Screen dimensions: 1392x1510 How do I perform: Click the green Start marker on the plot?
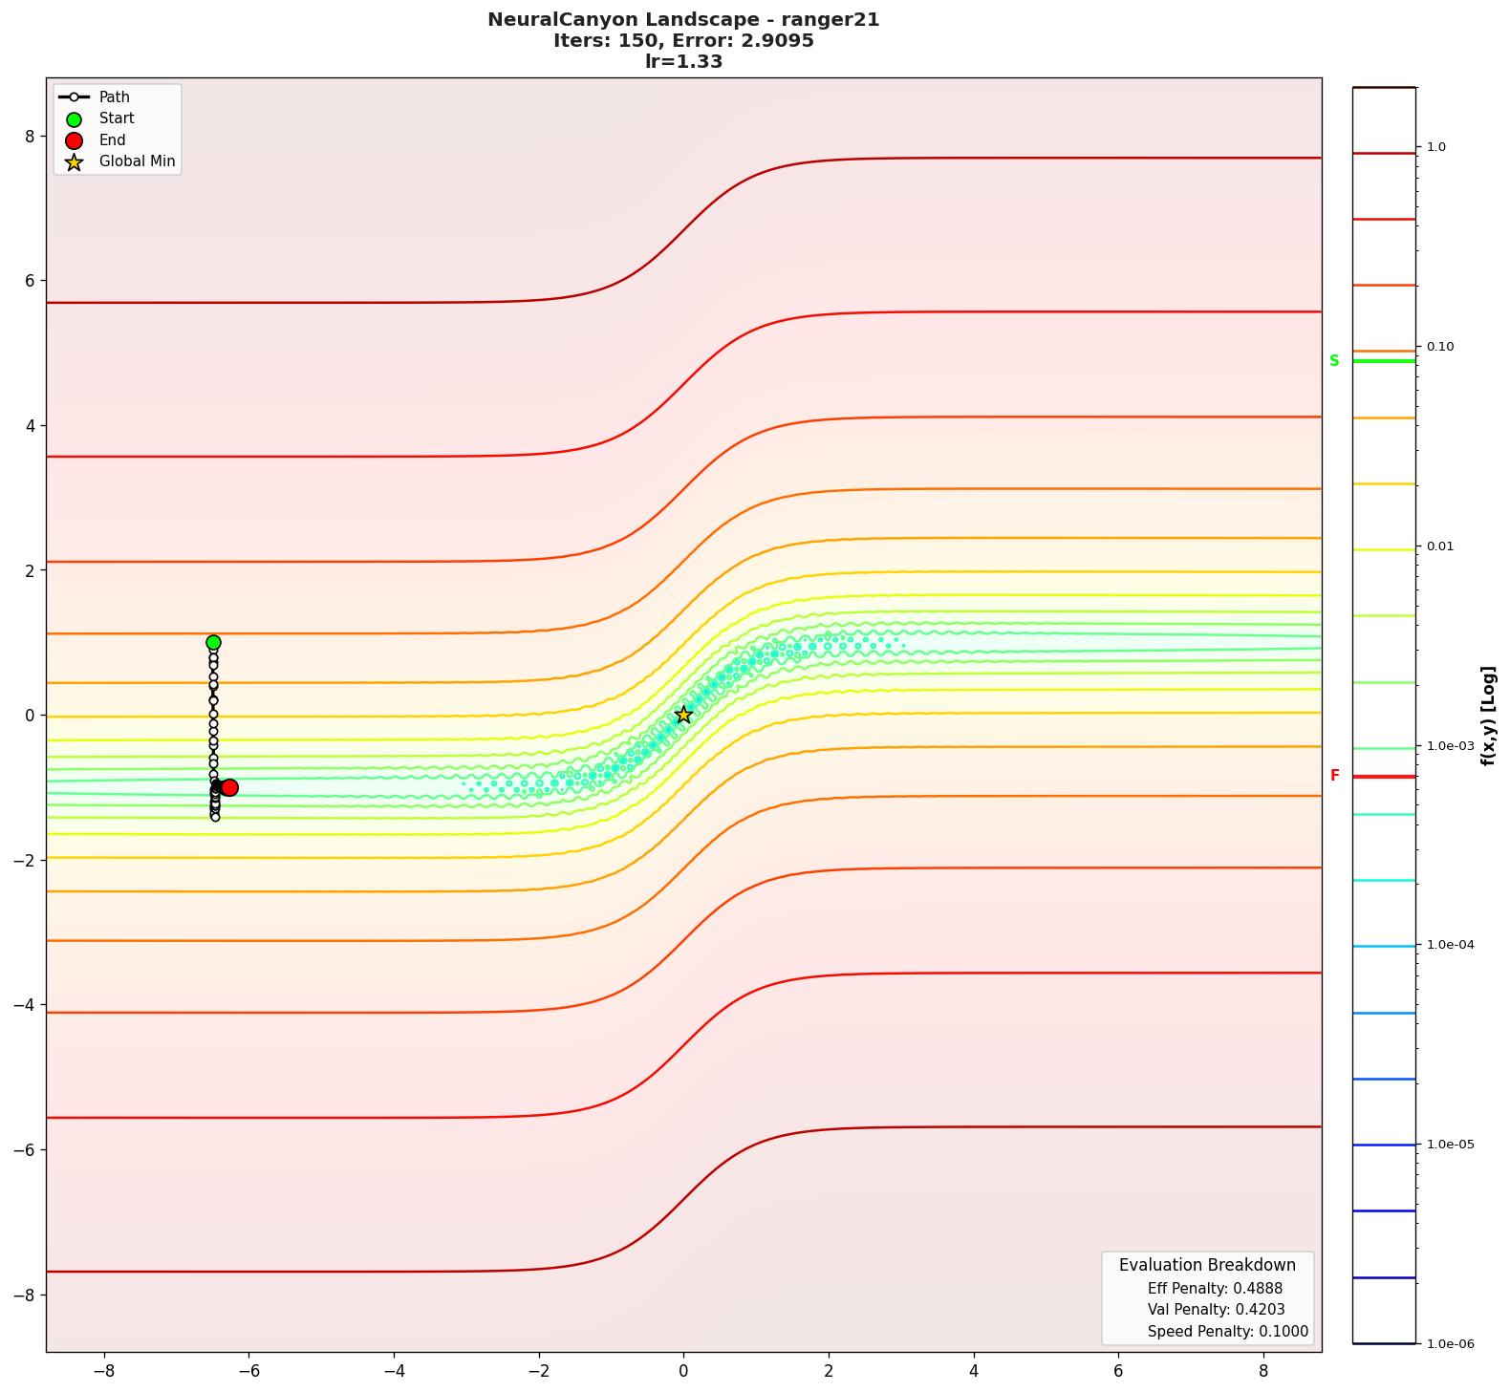(213, 643)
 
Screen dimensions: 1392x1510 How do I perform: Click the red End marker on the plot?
(229, 787)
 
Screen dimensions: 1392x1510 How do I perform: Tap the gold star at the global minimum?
(683, 715)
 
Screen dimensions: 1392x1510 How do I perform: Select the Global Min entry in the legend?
(137, 161)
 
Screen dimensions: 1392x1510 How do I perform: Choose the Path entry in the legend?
(114, 97)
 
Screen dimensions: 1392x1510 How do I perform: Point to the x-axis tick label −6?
(248, 1371)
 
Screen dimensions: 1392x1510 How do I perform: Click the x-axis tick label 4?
(974, 1371)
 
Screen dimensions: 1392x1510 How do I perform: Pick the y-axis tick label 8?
(30, 137)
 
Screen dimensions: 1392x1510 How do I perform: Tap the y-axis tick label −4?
(25, 1005)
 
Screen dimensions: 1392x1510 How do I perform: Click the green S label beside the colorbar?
(1334, 361)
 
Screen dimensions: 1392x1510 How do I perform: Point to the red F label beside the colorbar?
(1334, 776)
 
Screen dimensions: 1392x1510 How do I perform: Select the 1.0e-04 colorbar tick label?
(1450, 945)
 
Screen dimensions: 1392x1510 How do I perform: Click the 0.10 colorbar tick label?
(1440, 347)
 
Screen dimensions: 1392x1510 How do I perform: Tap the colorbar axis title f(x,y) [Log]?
(1488, 716)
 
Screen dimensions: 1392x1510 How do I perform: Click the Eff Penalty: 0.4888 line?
(1215, 1288)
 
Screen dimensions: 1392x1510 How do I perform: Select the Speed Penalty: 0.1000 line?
(1227, 1331)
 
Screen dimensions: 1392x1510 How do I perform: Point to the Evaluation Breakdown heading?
(1207, 1265)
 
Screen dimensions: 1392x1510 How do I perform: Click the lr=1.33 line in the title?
(683, 62)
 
